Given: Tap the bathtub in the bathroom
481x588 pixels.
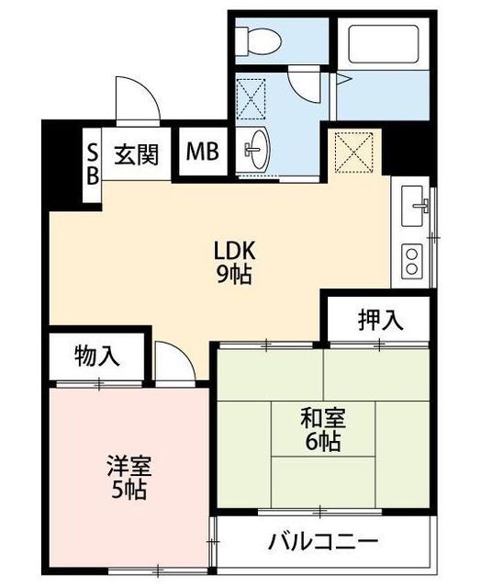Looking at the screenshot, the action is [x=383, y=44].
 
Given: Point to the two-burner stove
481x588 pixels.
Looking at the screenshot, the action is [x=412, y=259].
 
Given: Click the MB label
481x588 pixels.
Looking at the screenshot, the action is [x=202, y=152].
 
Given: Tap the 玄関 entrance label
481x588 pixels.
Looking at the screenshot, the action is [x=137, y=154].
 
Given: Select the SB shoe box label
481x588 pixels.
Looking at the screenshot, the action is [x=93, y=164].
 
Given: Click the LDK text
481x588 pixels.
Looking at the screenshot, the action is [x=234, y=251].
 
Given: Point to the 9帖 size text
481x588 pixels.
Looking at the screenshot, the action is [x=234, y=275].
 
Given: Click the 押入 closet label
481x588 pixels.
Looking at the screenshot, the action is [x=381, y=320].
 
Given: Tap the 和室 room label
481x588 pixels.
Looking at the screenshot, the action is [x=323, y=419].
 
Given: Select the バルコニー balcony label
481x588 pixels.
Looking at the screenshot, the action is [x=322, y=540].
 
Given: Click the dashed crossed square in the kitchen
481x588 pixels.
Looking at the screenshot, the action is [x=354, y=153].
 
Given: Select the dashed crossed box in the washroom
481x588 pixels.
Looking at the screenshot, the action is [x=252, y=99].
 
